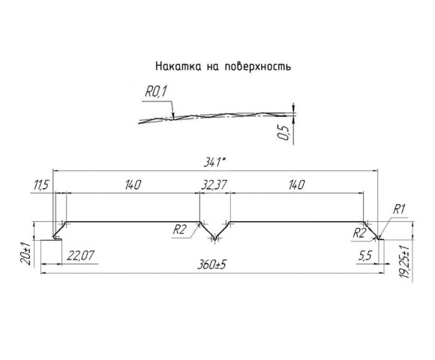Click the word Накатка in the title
tap(176, 66)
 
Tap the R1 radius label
tap(399, 209)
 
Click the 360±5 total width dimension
tap(214, 265)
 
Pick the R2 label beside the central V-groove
tap(178, 230)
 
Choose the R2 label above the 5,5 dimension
tap(359, 233)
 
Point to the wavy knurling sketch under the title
tap(217, 116)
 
